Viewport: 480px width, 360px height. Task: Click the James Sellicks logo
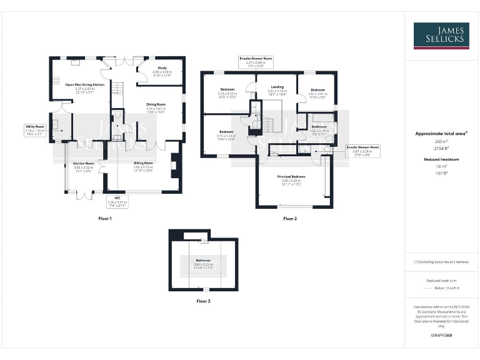[441, 35]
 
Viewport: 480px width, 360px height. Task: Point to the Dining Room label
[156, 104]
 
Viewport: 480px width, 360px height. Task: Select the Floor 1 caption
[105, 219]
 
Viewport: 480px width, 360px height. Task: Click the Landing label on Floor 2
[277, 87]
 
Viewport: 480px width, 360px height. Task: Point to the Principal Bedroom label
[291, 177]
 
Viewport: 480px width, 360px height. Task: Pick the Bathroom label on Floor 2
[319, 127]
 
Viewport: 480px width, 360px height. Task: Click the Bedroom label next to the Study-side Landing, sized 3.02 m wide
[318, 90]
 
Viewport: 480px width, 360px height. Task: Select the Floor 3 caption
[202, 301]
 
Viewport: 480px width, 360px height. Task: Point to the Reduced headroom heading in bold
[441, 160]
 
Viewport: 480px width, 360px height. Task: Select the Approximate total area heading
[441, 134]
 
